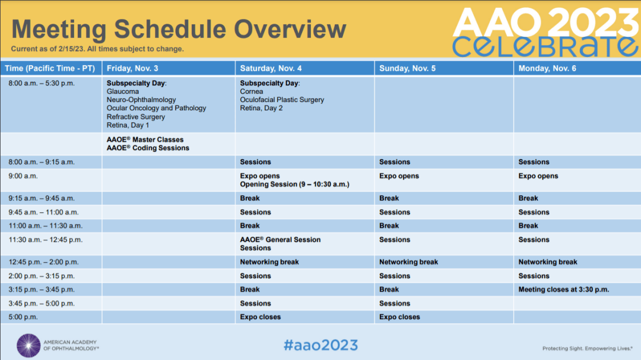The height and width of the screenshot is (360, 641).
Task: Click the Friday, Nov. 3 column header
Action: click(132, 68)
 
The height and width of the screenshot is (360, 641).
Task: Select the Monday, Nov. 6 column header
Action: click(547, 68)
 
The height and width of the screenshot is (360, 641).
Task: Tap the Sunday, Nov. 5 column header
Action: click(407, 68)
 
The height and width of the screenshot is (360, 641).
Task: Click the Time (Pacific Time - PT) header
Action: click(50, 68)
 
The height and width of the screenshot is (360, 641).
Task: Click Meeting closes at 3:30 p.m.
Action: click(564, 289)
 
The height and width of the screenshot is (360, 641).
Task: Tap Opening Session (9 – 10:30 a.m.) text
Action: click(295, 184)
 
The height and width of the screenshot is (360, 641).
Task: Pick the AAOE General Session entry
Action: click(280, 240)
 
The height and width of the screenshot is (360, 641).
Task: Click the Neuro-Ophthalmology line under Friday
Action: click(141, 100)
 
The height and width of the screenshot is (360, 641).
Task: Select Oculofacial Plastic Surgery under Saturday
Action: click(282, 100)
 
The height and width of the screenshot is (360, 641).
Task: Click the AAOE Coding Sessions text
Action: click(148, 148)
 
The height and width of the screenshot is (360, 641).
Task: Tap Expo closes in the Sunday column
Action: click(399, 317)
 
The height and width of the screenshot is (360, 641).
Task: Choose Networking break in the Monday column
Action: click(548, 262)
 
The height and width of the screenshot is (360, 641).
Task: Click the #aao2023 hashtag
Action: click(321, 345)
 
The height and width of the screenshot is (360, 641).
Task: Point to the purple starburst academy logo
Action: click(28, 346)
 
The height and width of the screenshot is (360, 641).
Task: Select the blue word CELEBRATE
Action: click(545, 47)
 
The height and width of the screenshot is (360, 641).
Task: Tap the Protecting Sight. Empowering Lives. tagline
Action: click(588, 349)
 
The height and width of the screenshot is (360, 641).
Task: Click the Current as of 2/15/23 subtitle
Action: click(97, 49)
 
